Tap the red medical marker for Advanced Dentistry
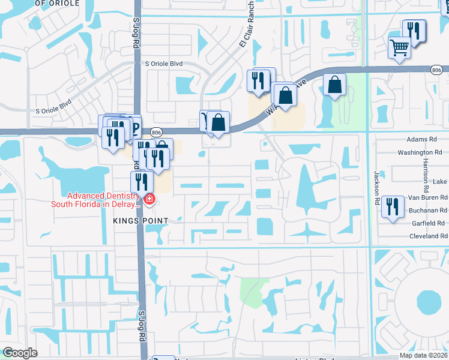click(x=148, y=199)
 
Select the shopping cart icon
click(x=399, y=47)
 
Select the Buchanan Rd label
click(x=427, y=211)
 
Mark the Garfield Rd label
click(x=430, y=223)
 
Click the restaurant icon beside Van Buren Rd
click(x=392, y=207)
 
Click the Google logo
click(x=20, y=353)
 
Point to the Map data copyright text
click(x=424, y=355)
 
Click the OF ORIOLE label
click(x=58, y=3)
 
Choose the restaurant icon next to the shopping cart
click(x=414, y=31)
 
